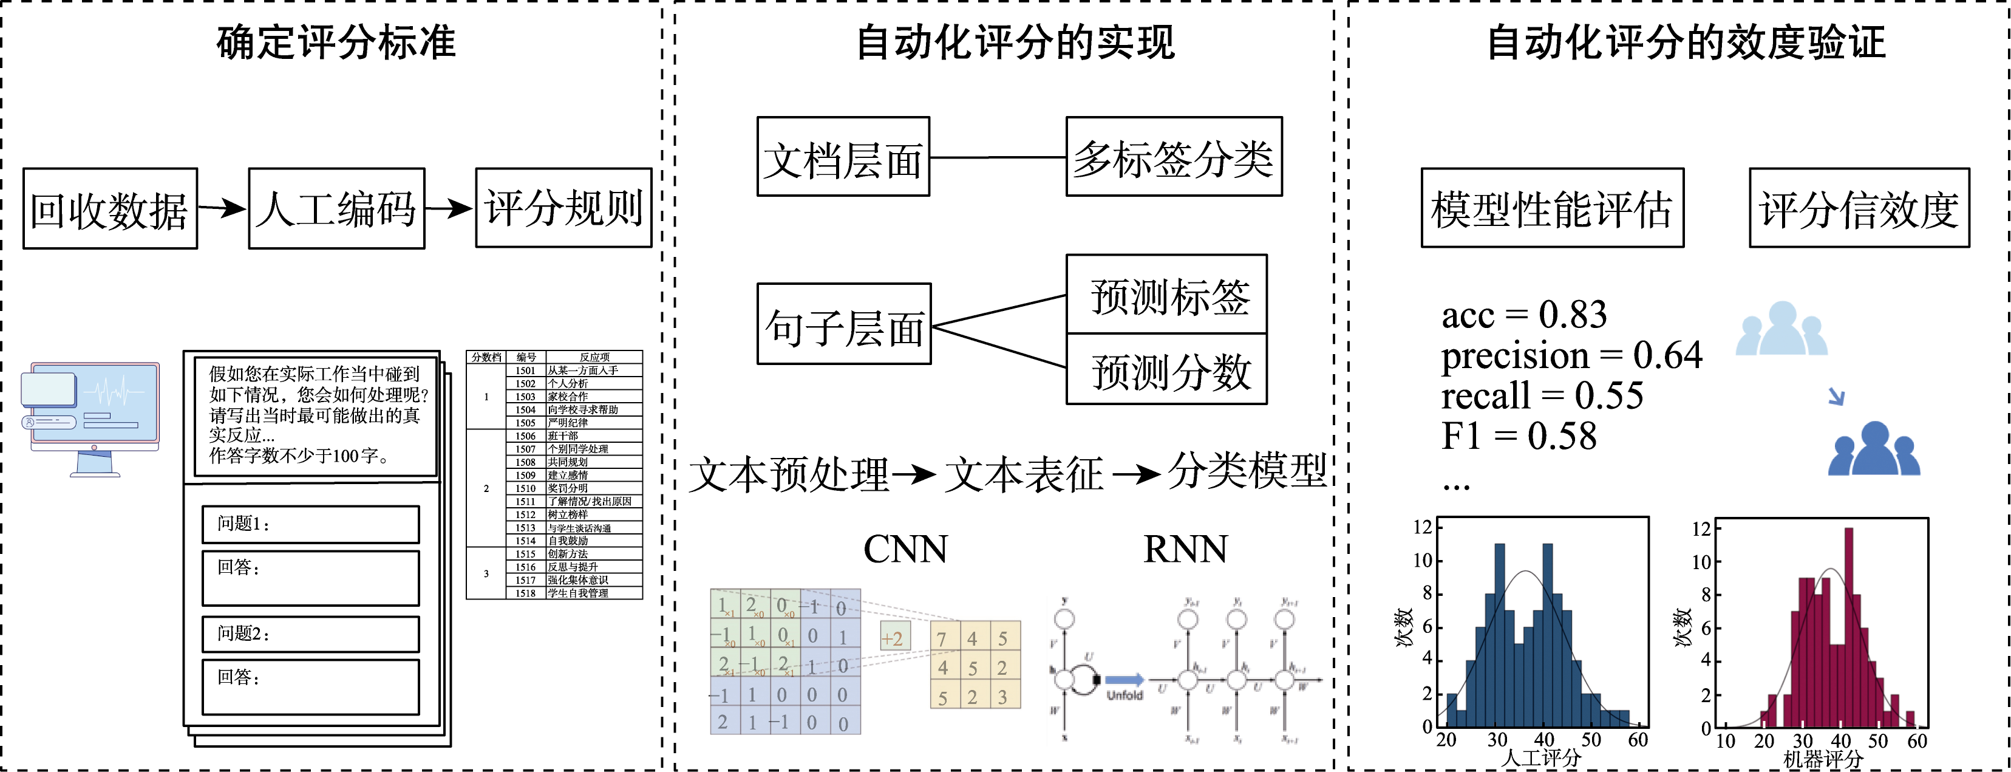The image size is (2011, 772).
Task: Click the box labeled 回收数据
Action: pyautogui.click(x=110, y=208)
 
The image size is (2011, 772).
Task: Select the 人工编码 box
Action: pyautogui.click(x=336, y=208)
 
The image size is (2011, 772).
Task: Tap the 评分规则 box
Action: pyautogui.click(x=563, y=208)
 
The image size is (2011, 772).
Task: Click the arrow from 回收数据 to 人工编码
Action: pyautogui.click(x=222, y=208)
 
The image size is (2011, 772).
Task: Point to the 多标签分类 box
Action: pyautogui.click(x=1173, y=156)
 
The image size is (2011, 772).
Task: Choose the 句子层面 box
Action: pyautogui.click(x=844, y=324)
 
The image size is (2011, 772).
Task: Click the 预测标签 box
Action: pyautogui.click(x=1166, y=295)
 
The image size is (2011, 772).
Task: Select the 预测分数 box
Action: pyautogui.click(x=1166, y=369)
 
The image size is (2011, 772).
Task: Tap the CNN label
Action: pyautogui.click(x=905, y=548)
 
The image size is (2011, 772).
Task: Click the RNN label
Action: pyautogui.click(x=1185, y=548)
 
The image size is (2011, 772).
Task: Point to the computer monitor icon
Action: pyautogui.click(x=92, y=418)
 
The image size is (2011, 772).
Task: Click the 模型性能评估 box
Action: pyautogui.click(x=1552, y=208)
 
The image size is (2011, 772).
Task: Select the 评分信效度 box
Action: pyautogui.click(x=1859, y=208)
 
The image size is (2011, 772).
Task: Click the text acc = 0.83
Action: pyautogui.click(x=1524, y=315)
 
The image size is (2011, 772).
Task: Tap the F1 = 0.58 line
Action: pyautogui.click(x=1519, y=436)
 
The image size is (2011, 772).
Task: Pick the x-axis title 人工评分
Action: pyautogui.click(x=1541, y=757)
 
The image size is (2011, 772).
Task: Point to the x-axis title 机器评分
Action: pyautogui.click(x=1823, y=759)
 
